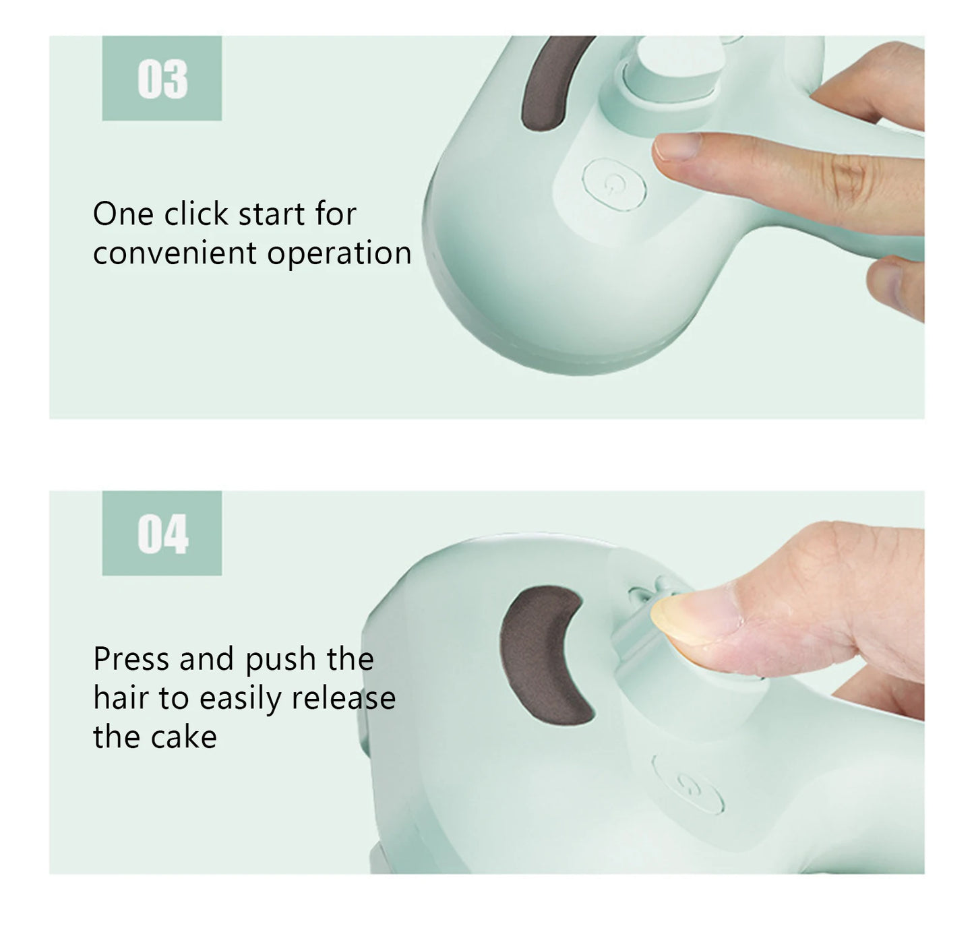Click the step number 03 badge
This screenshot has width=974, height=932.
tap(162, 79)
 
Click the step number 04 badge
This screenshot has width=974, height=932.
tap(162, 534)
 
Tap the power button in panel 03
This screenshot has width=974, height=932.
tap(614, 183)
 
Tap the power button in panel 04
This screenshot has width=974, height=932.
tap(688, 784)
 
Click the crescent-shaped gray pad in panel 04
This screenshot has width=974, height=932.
tap(543, 651)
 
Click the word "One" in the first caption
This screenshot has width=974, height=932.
tap(123, 214)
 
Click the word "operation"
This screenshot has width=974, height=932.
tap(339, 254)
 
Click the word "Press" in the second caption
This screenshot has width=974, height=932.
tap(131, 659)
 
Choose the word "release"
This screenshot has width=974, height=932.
tap(343, 697)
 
